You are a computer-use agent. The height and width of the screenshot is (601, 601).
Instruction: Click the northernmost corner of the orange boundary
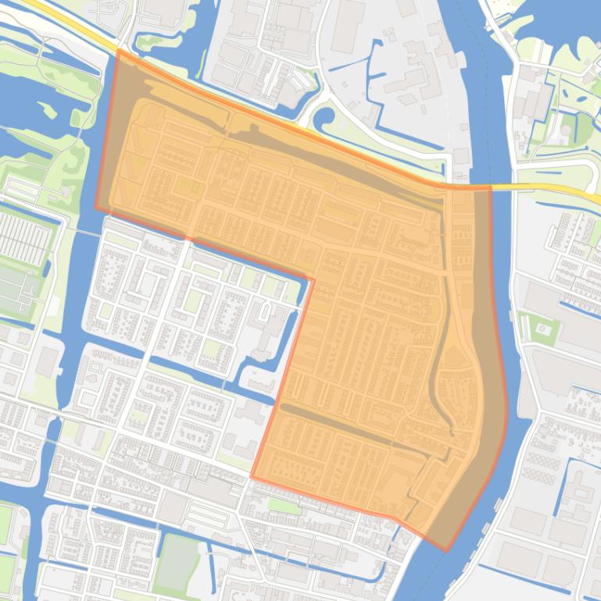point(117,51)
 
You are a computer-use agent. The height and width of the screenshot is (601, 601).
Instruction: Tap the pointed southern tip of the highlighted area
point(445,550)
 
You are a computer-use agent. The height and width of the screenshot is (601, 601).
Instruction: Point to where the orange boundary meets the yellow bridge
point(489,187)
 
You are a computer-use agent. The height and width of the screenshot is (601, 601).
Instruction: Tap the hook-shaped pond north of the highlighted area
point(324,121)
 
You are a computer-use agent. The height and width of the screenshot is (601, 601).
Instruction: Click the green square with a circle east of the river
point(540,329)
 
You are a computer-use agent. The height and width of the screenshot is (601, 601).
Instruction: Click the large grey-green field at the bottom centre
point(178,560)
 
